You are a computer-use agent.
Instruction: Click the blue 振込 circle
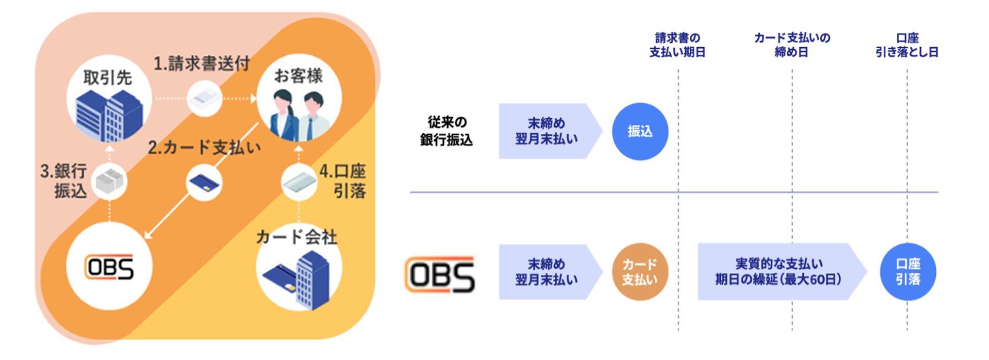(x=640, y=131)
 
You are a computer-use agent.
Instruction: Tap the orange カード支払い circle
(x=640, y=272)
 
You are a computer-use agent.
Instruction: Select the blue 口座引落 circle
(x=907, y=272)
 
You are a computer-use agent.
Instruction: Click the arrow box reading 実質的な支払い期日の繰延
(x=779, y=272)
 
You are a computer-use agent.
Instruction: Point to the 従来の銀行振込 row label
(x=446, y=131)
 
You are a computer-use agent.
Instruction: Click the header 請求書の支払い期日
(x=678, y=45)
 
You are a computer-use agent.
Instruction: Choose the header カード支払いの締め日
(x=792, y=45)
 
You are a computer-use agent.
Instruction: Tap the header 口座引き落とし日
(x=907, y=45)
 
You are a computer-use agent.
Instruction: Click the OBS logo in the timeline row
(x=440, y=274)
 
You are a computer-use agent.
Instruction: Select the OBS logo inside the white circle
(x=110, y=267)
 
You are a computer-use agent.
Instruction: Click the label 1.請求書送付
(x=202, y=64)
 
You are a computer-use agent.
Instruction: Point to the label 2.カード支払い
(x=204, y=148)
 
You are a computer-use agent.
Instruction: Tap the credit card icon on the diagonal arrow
(x=204, y=183)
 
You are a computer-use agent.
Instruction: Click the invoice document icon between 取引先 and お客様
(x=204, y=99)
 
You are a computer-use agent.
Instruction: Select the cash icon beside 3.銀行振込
(x=110, y=182)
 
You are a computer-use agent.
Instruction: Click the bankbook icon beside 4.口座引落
(x=299, y=182)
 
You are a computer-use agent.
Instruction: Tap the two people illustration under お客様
(x=299, y=114)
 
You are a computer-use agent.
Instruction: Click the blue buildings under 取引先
(x=109, y=116)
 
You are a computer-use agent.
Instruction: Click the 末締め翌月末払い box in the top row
(x=546, y=131)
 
